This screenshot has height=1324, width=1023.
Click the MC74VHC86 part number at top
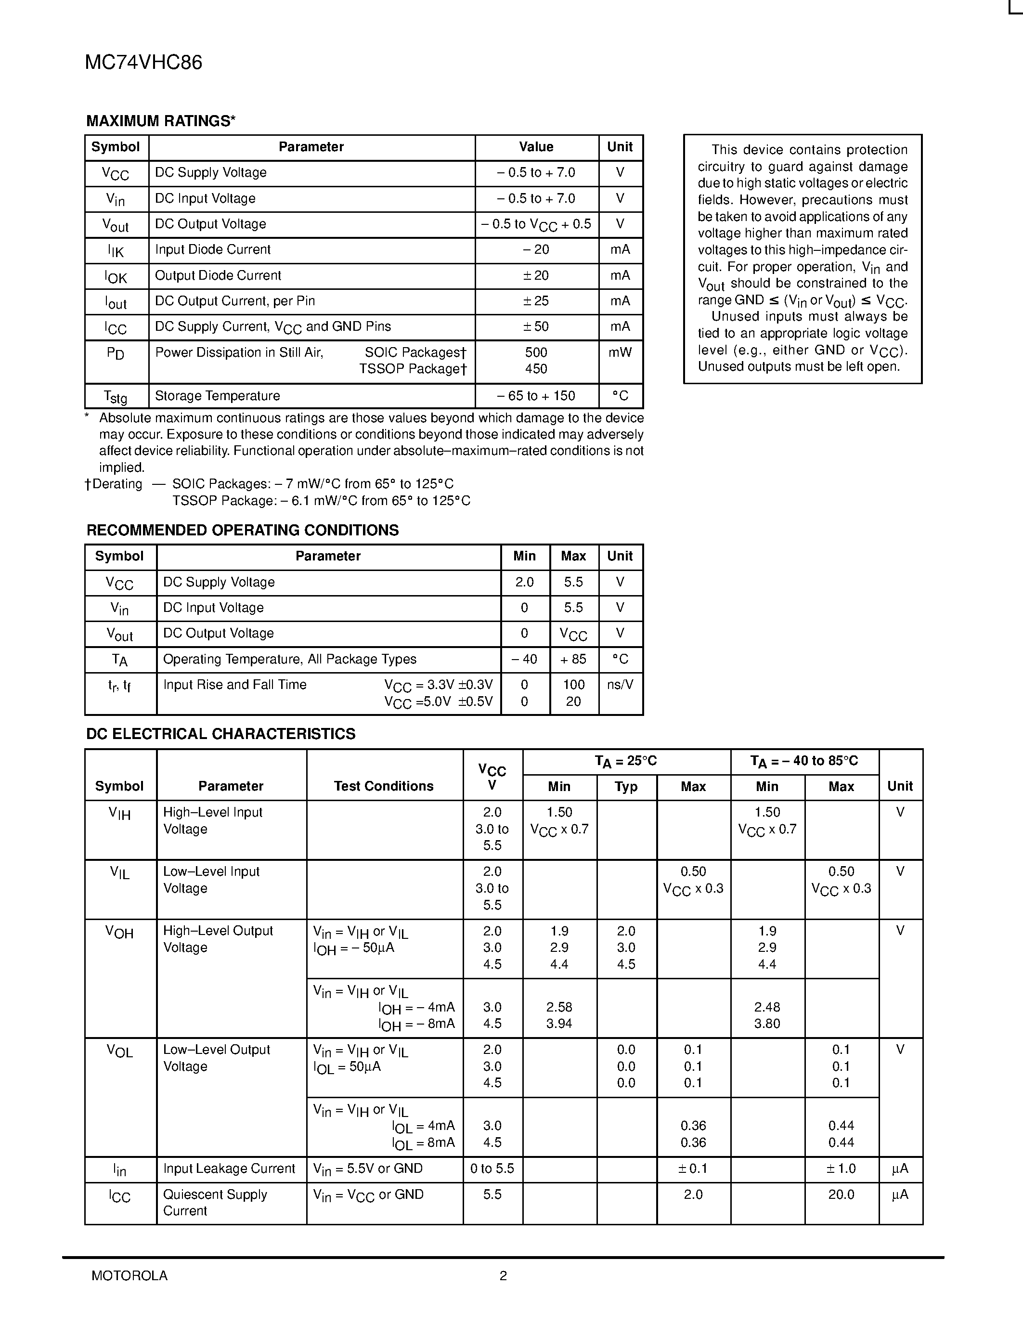coord(143,63)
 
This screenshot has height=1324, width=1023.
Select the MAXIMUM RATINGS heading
coord(161,121)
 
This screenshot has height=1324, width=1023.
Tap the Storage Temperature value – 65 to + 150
coord(536,396)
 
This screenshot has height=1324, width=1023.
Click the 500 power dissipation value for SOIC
coord(536,352)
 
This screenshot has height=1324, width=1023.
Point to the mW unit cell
coord(620,352)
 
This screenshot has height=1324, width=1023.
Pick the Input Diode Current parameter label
coord(213,250)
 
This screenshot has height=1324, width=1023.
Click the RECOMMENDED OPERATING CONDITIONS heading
coord(243,531)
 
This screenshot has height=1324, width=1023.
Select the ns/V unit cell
coord(620,685)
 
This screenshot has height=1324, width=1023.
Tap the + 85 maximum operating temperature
coord(573,659)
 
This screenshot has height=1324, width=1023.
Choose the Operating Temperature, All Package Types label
coord(290,659)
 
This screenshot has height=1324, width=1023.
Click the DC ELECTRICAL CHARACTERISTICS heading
coord(220,734)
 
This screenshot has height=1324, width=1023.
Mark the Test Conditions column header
coord(384,786)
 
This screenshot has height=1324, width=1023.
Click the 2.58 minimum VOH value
coord(559,1007)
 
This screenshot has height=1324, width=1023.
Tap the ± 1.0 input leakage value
coord(841,1169)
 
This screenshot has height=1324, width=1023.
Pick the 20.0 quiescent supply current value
coord(841,1194)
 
